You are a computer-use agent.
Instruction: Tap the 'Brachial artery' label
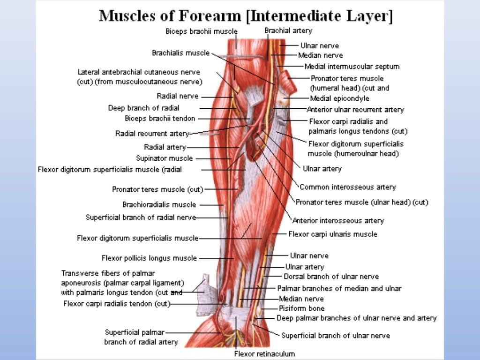coord(288,30)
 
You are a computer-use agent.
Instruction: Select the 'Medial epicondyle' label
coord(339,98)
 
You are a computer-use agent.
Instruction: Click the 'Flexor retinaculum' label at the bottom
coord(264,353)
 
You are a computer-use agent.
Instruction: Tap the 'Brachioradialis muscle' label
coord(159,204)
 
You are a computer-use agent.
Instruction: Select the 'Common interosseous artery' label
coord(348,187)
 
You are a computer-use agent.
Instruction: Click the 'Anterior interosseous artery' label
coord(338,220)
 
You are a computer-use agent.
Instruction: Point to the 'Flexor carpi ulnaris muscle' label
coord(333,234)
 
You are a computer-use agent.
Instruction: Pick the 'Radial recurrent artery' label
coord(152,134)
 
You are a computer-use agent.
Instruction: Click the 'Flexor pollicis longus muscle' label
coord(149,258)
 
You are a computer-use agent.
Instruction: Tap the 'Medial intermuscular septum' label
coord(352,67)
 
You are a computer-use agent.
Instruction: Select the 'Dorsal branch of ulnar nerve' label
coord(331,277)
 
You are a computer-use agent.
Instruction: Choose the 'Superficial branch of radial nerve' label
coord(141,217)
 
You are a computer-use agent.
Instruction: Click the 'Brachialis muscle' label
coord(180,53)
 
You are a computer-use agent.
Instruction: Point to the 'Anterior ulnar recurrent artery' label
coord(355,110)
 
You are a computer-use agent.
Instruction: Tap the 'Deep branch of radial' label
coord(143,108)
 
